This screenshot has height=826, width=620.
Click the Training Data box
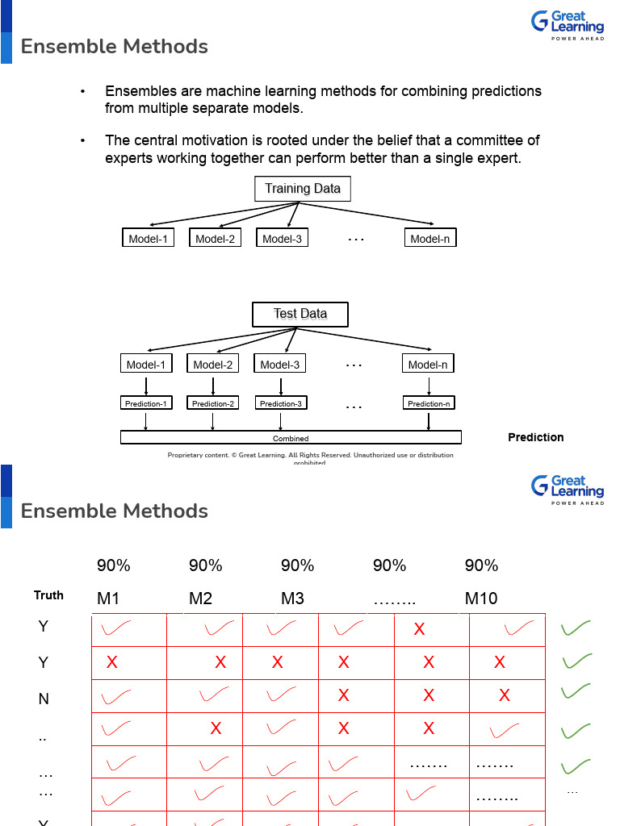[x=303, y=189]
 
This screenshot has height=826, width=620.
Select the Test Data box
[x=300, y=314]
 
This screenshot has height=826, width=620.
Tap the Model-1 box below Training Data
[x=148, y=238]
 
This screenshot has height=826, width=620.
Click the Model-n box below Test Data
[x=428, y=365]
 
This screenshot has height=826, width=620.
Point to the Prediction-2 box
[x=212, y=403]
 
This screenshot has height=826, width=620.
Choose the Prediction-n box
[x=429, y=403]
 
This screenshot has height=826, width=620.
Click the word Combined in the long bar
[x=291, y=439]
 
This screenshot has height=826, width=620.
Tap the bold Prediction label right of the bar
[x=535, y=437]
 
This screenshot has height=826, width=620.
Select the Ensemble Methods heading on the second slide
[x=115, y=511]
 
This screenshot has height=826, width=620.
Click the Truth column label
[x=48, y=595]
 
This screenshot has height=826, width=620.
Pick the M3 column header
[x=292, y=599]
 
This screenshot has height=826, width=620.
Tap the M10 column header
[x=481, y=599]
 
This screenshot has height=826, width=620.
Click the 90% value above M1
[x=113, y=565]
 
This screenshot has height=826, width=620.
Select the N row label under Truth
[x=44, y=699]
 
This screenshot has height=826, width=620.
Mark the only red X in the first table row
[x=419, y=629]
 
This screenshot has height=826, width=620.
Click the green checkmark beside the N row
[x=576, y=692]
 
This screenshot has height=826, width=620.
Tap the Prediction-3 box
[x=280, y=403]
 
